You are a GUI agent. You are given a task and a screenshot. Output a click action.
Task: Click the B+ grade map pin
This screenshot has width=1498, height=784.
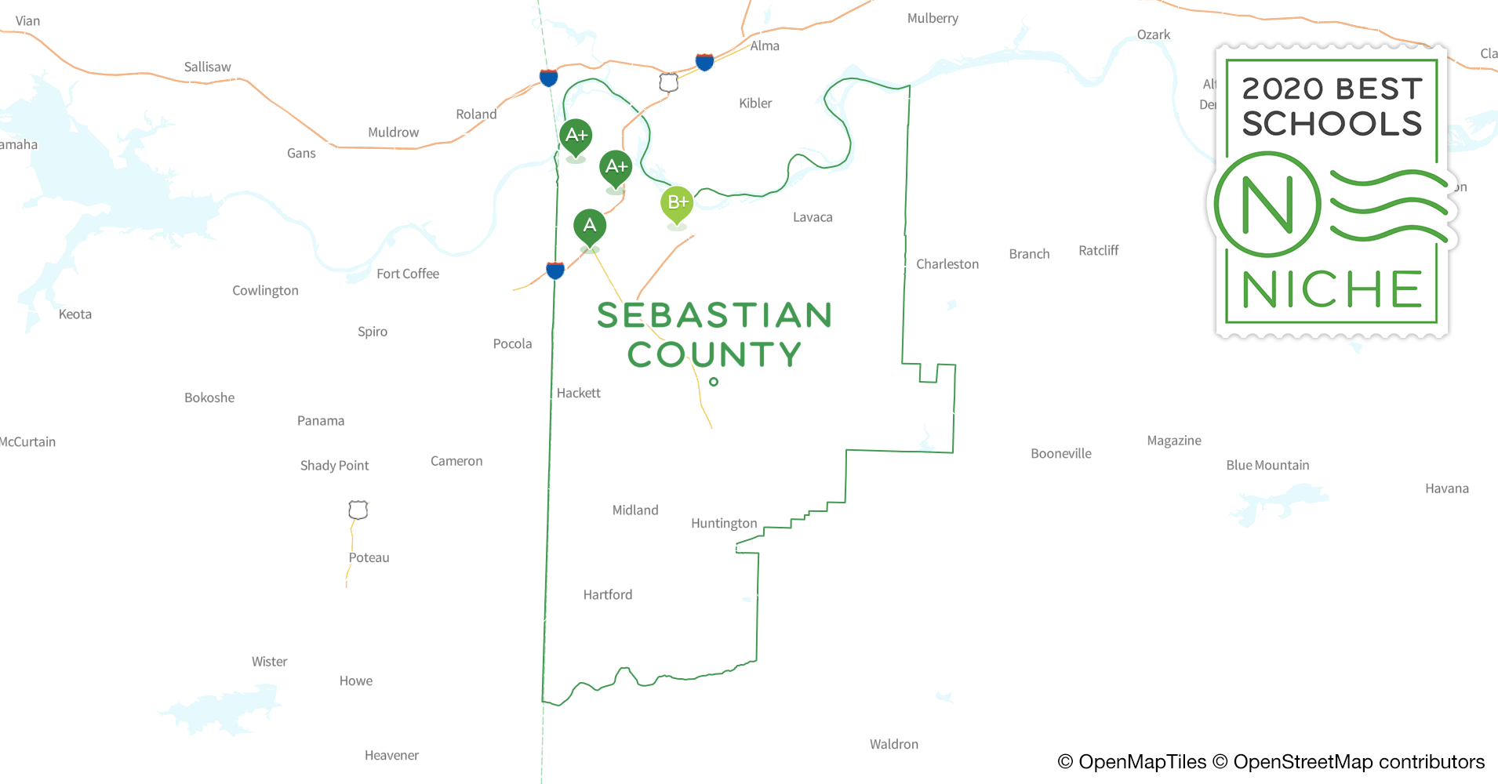677,204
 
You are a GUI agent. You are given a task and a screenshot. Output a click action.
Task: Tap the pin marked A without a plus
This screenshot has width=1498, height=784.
590,227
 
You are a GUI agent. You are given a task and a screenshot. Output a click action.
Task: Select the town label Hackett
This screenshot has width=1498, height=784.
578,393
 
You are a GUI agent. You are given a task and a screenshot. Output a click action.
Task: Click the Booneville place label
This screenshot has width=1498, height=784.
1060,453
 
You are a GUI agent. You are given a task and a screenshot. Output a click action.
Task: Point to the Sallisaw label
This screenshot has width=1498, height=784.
207,67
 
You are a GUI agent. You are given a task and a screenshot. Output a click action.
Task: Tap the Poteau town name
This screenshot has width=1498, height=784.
369,557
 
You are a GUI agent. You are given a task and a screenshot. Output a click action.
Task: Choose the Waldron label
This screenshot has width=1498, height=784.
893,744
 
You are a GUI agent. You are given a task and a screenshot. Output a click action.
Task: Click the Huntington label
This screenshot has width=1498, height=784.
723,523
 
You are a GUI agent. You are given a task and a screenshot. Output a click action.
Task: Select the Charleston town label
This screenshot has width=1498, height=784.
947,264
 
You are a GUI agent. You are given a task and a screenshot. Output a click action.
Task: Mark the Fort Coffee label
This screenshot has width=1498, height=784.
407,274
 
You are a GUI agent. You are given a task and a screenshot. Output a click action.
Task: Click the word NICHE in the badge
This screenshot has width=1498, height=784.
1332,290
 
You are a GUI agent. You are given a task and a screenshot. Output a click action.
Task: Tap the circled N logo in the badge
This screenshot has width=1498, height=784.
1267,205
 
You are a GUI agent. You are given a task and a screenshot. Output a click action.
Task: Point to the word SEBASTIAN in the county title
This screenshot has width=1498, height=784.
714,315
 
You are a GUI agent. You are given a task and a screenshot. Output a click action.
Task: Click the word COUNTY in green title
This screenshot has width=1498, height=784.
714,354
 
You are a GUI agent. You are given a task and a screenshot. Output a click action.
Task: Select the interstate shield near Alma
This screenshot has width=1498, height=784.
704,61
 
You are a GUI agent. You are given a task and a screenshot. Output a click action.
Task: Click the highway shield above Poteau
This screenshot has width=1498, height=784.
358,510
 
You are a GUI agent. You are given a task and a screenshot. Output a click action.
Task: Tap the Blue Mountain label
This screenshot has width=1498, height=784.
1267,465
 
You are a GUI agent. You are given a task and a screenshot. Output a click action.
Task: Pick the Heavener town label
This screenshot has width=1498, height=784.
391,755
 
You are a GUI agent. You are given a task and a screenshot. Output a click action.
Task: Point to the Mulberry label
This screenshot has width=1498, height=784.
933,18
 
